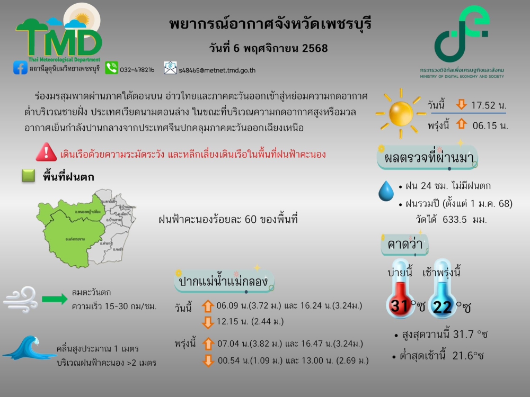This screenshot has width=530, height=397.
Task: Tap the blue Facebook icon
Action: click(21, 68)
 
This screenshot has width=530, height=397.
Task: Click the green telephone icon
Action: click(111, 68)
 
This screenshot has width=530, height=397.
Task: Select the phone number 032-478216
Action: click(137, 69)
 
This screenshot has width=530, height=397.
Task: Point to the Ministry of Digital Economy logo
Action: click(462, 34)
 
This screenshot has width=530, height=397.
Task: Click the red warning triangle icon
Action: click(46, 152)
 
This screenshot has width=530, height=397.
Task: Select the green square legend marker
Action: click(29, 176)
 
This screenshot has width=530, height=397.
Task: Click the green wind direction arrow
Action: click(55, 299)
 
